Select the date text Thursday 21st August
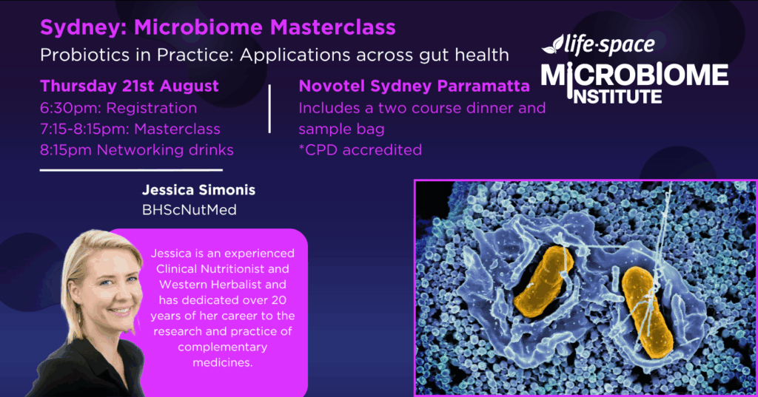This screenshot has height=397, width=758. pyautogui.click(x=129, y=86)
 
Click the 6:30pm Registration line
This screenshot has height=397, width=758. pyautogui.click(x=118, y=108)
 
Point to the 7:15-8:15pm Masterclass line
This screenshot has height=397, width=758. pyautogui.click(x=130, y=129)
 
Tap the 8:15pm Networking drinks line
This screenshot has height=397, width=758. pyautogui.click(x=137, y=150)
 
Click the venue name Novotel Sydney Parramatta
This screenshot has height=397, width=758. pyautogui.click(x=415, y=86)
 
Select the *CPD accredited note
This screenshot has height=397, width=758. pyautogui.click(x=360, y=150)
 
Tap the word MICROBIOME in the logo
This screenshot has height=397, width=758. pyautogui.click(x=634, y=75)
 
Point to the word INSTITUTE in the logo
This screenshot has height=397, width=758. pyautogui.click(x=617, y=97)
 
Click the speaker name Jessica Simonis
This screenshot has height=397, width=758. pyautogui.click(x=198, y=190)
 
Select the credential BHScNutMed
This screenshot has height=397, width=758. pyautogui.click(x=189, y=210)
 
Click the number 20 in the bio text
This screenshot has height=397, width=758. pyautogui.click(x=278, y=300)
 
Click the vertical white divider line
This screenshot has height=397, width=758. pyautogui.click(x=269, y=109)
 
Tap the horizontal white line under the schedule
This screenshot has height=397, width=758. pyautogui.click(x=131, y=170)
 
